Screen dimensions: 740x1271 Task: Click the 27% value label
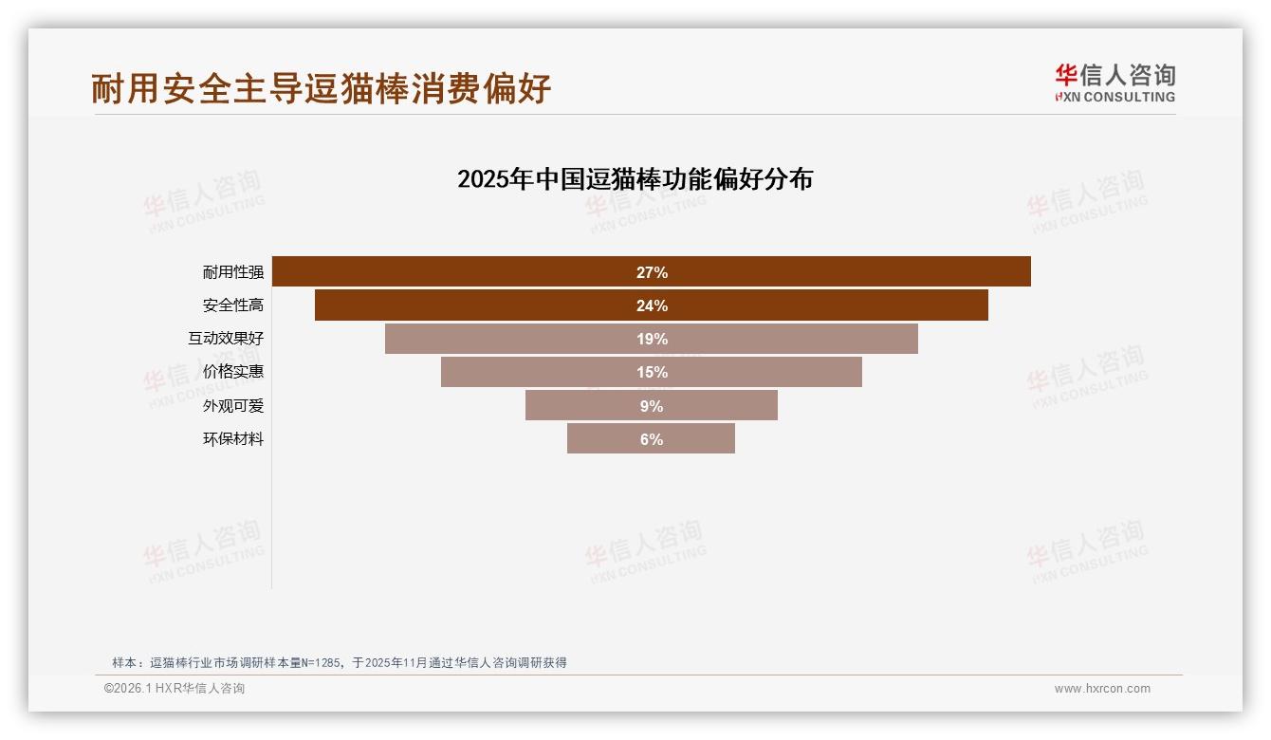pos(652,272)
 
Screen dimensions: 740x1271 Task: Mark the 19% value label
pos(652,339)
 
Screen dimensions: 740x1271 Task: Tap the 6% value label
pos(652,439)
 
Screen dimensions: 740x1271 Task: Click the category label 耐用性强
pos(233,272)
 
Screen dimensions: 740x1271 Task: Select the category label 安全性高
pos(233,305)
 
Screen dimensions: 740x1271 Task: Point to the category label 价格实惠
pos(233,372)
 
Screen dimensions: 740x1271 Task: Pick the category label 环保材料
pos(233,439)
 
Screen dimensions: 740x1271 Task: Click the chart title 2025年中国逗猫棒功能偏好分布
pos(635,179)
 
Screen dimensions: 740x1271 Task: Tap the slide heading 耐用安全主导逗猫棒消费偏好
pos(321,88)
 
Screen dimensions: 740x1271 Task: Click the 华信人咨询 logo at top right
pos(1114,83)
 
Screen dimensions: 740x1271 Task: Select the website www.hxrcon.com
pos(1101,689)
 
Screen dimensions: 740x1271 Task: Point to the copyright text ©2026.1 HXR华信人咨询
pos(175,689)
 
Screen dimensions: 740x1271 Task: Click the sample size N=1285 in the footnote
pos(321,663)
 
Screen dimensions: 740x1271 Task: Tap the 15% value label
pos(652,372)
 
